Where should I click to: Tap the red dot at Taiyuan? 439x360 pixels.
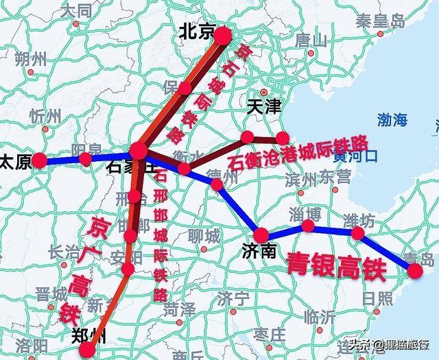(40, 160)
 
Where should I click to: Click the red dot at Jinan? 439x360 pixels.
(261, 234)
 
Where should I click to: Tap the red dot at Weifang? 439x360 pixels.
(357, 233)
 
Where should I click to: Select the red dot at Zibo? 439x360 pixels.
(309, 226)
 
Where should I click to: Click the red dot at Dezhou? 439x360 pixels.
(217, 184)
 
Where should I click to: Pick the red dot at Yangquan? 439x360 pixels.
(85, 159)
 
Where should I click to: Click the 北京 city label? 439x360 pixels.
(197, 32)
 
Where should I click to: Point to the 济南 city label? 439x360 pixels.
(259, 252)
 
